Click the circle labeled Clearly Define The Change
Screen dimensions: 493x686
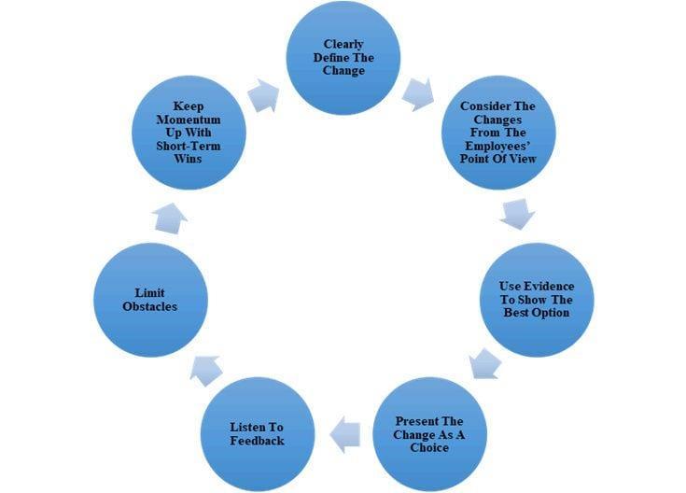343,56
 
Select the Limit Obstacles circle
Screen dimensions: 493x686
150,299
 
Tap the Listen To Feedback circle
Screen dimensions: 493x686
257,433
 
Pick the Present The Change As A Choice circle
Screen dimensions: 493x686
428,433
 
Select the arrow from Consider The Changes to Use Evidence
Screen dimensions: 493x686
516,212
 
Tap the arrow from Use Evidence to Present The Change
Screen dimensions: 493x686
485,363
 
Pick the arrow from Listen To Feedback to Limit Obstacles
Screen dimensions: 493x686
206,369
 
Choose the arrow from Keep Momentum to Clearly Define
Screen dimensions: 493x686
265,93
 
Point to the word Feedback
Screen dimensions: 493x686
258,440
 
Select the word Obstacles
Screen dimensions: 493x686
150,306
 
